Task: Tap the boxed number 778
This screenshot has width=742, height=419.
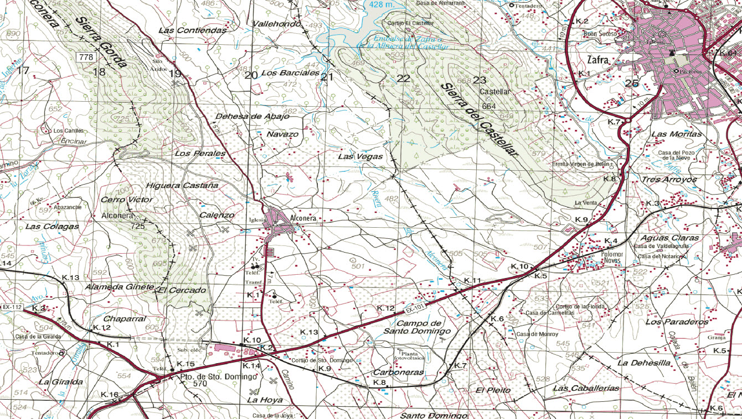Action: [86, 57]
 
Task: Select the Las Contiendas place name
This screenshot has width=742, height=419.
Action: [193, 30]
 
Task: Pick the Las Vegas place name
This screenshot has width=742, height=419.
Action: [360, 156]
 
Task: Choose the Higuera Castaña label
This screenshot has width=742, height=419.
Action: [182, 185]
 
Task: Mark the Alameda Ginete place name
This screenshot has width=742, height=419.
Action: [118, 287]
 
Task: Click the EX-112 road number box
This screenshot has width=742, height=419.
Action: [12, 307]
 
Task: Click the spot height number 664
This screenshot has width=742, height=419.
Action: [489, 106]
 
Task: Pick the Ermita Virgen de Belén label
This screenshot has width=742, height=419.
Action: [580, 164]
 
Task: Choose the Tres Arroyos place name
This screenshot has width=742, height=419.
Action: [669, 180]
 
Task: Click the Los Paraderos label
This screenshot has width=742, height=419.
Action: [677, 321]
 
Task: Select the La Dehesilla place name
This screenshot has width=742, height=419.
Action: [644, 363]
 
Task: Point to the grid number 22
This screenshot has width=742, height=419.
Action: [404, 78]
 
